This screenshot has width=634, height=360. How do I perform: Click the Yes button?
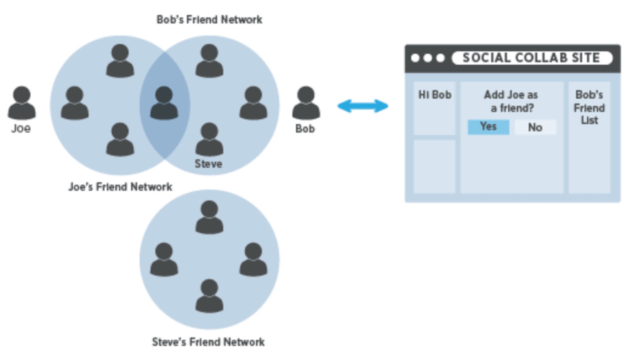coord(488,127)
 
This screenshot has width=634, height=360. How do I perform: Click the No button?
coord(535,127)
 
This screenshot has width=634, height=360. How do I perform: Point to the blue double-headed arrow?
coord(363,106)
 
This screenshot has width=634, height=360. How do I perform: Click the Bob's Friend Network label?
coord(209,20)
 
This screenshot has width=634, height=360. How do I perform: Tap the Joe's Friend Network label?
coord(120,187)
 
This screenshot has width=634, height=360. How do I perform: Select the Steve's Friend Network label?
coord(208,342)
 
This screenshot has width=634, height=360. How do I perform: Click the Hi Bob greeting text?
coord(435,95)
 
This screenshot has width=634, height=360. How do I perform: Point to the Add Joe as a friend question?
coord(511,101)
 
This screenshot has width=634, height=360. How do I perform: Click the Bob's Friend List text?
coord(589,108)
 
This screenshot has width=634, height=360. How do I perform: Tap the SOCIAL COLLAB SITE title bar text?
coord(531,58)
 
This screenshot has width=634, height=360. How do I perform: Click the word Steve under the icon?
coord(208,164)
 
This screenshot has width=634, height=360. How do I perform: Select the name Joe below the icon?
coord(21,129)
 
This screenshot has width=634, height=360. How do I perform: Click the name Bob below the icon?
coord(305,129)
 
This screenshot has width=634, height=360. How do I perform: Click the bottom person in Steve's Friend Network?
coord(209,296)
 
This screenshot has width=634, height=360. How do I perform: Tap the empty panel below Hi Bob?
coord(435,166)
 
